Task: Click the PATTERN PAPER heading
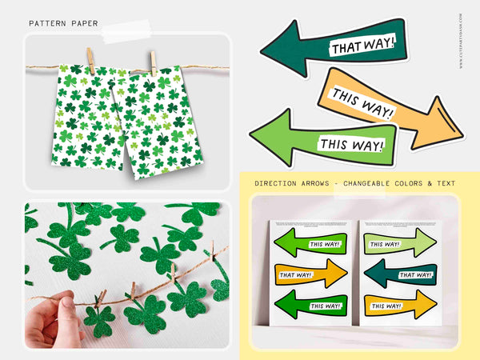pos(63,24)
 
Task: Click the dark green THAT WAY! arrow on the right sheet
pos(400,274)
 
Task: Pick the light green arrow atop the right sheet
pos(400,242)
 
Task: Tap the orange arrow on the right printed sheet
pos(400,305)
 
